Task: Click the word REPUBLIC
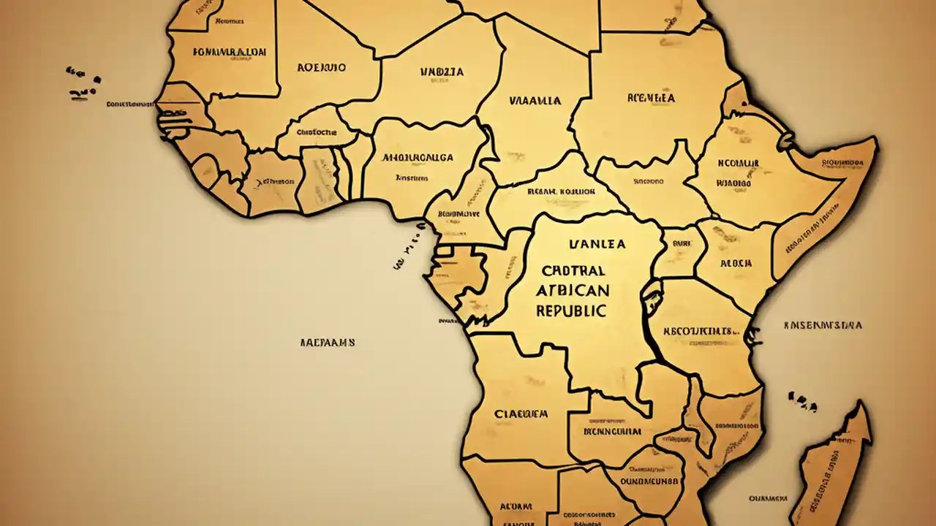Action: pos(571,310)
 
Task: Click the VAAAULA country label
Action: pos(535,101)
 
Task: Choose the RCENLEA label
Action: pos(651,97)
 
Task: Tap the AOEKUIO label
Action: pos(322,67)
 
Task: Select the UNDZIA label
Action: pos(442,72)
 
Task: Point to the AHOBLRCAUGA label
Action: pos(418,157)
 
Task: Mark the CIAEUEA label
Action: pos(521,413)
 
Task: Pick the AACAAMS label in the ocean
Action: pos(328,342)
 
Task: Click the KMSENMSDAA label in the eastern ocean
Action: pos(822,325)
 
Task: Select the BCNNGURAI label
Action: pos(611,431)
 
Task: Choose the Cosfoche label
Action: pos(317,132)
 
